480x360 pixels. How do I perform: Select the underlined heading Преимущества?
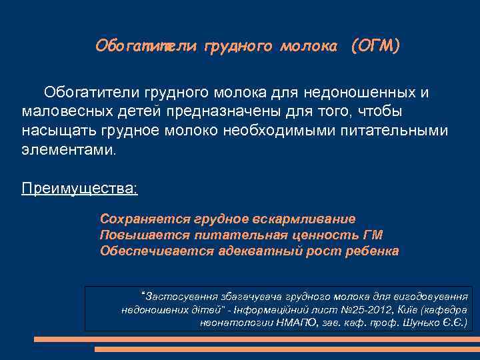coord(79,188)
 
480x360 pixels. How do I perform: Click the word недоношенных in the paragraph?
coord(357,92)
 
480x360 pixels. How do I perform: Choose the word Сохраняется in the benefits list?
coord(145,219)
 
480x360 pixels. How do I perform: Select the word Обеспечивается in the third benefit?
coord(157,251)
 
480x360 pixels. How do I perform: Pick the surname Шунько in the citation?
coord(419,324)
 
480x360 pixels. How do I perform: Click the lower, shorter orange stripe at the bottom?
coord(287,349)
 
